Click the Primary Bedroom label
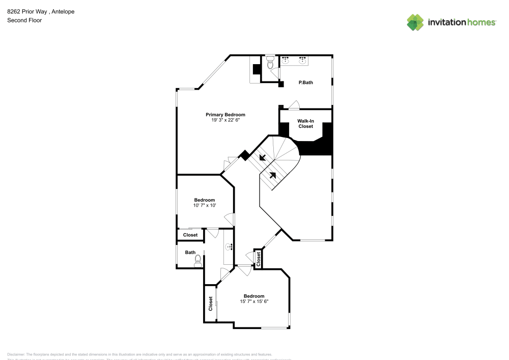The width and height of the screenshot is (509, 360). click(225, 115)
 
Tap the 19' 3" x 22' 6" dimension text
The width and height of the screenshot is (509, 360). click(225, 121)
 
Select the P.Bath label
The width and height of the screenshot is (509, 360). click(305, 82)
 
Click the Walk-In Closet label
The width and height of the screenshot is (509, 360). click(305, 123)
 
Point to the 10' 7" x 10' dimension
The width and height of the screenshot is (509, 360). click(205, 206)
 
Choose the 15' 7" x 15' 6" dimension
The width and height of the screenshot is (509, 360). click(254, 301)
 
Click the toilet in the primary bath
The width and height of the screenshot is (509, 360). click(270, 64)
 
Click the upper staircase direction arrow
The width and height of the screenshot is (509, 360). click(263, 157)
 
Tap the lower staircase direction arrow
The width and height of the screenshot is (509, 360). click(273, 175)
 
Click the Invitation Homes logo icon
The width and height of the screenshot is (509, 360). click(415, 22)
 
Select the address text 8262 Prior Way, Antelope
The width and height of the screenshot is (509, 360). click(41, 11)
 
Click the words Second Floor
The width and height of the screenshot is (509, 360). click(24, 20)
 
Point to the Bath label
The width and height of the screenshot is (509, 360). click(190, 253)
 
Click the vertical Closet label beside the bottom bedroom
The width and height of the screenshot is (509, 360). click(210, 304)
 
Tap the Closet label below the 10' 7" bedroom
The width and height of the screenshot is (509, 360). click(190, 235)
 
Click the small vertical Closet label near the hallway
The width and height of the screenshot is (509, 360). click(259, 259)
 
